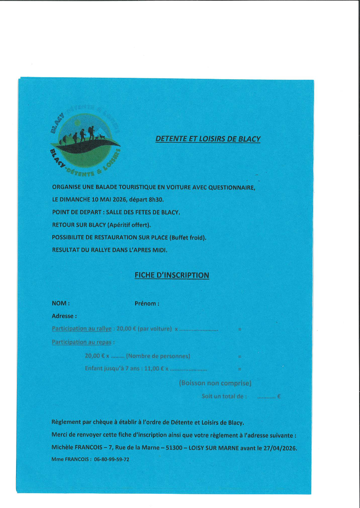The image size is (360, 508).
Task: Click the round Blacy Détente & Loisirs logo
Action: [x=86, y=142]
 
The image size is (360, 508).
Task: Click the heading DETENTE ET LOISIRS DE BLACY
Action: [x=208, y=139]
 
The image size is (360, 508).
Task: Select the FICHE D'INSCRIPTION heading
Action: [x=172, y=275]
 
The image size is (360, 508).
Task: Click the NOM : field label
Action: [x=61, y=303]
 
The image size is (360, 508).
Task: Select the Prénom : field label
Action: [x=147, y=303]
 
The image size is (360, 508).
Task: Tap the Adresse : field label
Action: [x=64, y=316]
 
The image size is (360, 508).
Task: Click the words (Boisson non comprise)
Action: [x=215, y=383]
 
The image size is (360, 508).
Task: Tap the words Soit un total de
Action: [x=224, y=397]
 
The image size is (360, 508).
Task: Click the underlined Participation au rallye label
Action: [x=82, y=329]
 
